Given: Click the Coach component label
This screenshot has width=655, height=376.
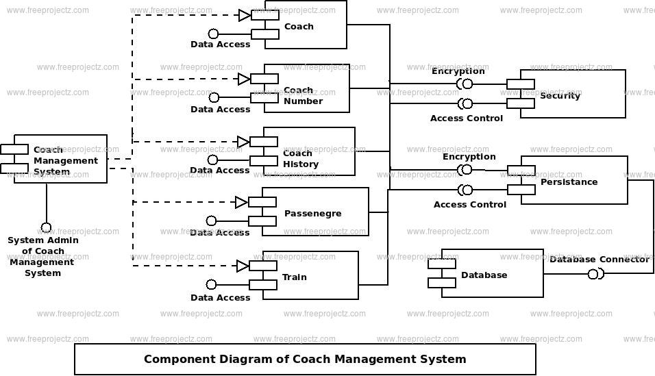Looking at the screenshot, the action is pyautogui.click(x=299, y=26).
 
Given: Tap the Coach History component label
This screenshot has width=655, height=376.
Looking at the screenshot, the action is pyautogui.click(x=301, y=159).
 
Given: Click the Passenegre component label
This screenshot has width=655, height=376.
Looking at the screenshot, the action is pyautogui.click(x=313, y=214).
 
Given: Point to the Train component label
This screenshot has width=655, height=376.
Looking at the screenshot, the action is pyautogui.click(x=295, y=277).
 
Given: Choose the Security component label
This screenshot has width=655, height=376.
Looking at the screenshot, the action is pyautogui.click(x=560, y=96).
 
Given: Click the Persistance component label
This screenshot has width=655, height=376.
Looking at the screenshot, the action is pyautogui.click(x=569, y=182).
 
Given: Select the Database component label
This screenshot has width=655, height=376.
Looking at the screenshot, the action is pyautogui.click(x=484, y=275).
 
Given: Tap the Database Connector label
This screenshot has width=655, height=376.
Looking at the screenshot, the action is pyautogui.click(x=600, y=260).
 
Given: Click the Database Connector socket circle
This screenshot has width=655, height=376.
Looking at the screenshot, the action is pyautogui.click(x=593, y=275).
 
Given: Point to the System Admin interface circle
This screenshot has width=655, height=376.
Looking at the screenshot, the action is pyautogui.click(x=46, y=227).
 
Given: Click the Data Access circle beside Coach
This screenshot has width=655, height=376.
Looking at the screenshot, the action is pyautogui.click(x=214, y=34).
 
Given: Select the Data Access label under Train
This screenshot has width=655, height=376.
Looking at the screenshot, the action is pyautogui.click(x=220, y=298).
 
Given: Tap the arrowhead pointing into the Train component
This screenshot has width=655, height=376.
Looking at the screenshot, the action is pyautogui.click(x=243, y=266).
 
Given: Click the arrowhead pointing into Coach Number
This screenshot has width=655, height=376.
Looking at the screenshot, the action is pyautogui.click(x=244, y=79).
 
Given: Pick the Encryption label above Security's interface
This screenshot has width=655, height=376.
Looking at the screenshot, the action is pyautogui.click(x=458, y=71).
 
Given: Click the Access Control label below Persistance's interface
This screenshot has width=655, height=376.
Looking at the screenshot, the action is pyautogui.click(x=470, y=205).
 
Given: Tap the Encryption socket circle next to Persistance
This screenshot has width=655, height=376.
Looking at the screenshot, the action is pyautogui.click(x=467, y=170).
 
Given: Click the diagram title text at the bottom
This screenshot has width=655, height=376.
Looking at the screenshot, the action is pyautogui.click(x=305, y=360).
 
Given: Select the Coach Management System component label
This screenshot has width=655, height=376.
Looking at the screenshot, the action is pyautogui.click(x=66, y=160).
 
